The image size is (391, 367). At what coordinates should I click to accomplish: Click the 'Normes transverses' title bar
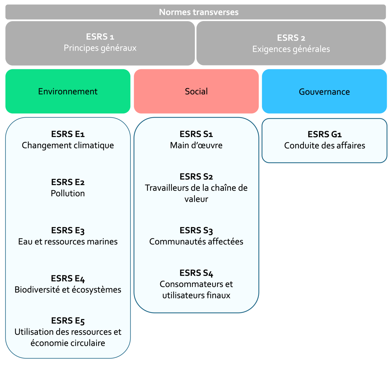(195, 12)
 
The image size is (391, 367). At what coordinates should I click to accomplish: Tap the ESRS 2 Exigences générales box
(291, 43)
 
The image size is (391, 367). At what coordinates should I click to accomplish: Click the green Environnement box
(68, 91)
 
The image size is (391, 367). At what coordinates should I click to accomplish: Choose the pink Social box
(196, 91)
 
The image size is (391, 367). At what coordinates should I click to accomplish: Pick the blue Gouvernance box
(324, 92)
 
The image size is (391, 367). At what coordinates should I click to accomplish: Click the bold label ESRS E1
(68, 134)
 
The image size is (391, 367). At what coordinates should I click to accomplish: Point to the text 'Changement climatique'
(68, 145)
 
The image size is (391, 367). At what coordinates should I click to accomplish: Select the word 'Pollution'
(68, 193)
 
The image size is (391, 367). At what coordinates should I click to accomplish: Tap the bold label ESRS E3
(68, 230)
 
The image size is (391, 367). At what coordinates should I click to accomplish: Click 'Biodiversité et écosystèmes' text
(68, 290)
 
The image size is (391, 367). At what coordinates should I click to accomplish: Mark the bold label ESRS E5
(68, 321)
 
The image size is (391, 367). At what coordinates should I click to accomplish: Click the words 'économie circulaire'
(68, 343)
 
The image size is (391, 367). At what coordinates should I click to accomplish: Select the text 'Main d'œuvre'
(196, 145)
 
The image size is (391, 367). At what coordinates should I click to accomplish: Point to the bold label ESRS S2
(196, 176)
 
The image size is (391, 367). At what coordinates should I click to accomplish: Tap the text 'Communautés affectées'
(196, 242)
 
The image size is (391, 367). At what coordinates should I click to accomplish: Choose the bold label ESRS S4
(196, 273)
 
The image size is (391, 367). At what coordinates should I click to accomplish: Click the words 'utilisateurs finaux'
(196, 295)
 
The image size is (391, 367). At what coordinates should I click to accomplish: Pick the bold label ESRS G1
(324, 134)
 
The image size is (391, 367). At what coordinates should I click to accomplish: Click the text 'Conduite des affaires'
(324, 146)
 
